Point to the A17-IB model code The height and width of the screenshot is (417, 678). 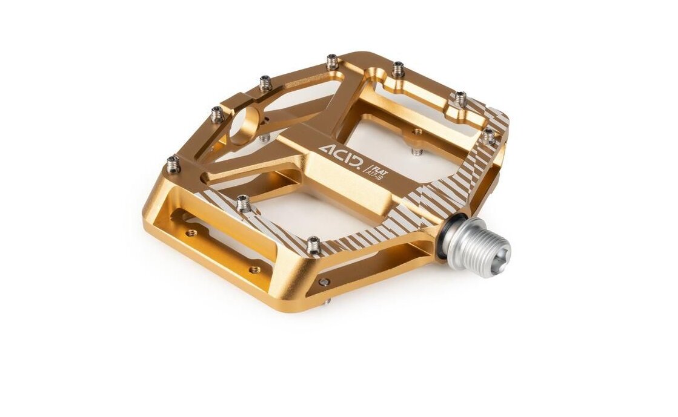(374, 170)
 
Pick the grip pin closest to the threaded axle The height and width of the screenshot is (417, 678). (313, 245)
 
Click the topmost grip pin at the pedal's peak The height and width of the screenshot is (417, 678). (332, 61)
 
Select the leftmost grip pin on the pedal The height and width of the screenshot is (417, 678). (173, 163)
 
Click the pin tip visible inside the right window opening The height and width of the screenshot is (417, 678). (417, 150)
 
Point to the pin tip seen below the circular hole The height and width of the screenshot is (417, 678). (264, 137)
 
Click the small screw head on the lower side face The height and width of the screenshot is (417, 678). (325, 281)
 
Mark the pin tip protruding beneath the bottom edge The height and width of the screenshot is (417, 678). (328, 301)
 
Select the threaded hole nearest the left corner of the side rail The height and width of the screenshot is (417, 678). (191, 232)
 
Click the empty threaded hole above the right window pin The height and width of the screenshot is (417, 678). (417, 131)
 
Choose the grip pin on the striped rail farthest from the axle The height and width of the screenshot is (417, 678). (243, 203)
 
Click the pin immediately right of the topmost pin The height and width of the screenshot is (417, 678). (397, 69)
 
